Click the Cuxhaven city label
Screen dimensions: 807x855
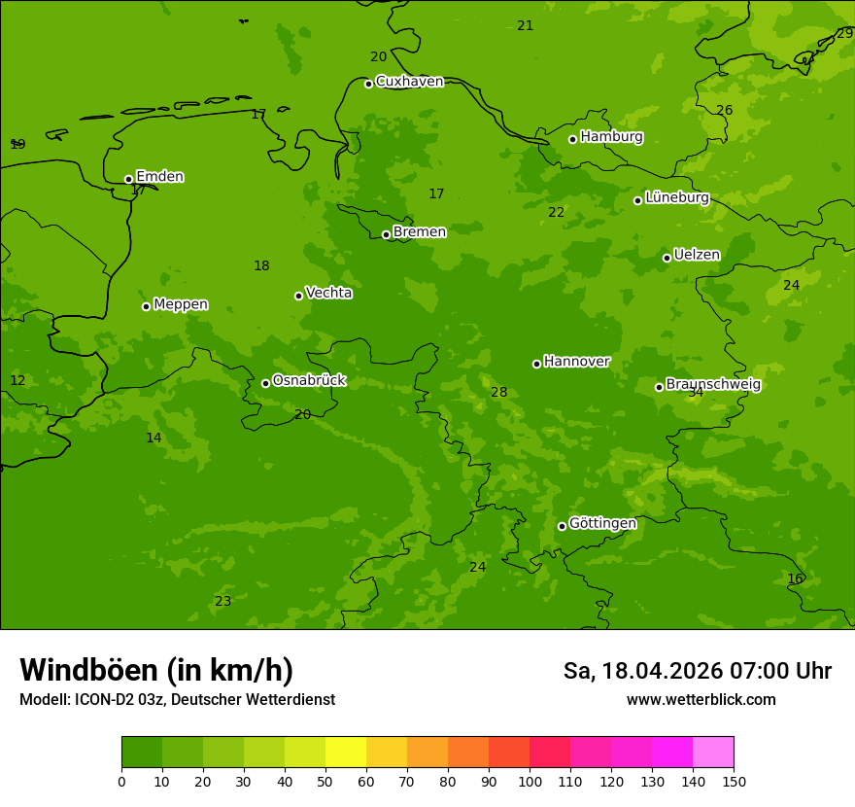click(409, 82)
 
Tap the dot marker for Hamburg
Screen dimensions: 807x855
click(572, 139)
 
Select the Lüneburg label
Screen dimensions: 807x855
click(676, 197)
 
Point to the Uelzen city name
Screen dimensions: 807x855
click(697, 255)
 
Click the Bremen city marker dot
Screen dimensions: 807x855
click(386, 234)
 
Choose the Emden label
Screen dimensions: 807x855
click(159, 177)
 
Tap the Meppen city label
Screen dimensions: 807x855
click(181, 304)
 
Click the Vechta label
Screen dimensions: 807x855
click(328, 293)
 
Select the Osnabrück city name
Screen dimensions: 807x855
click(309, 380)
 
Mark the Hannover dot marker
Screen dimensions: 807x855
click(536, 364)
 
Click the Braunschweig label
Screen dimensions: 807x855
click(713, 385)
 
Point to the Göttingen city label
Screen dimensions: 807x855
click(602, 523)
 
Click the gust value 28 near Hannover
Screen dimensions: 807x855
click(499, 393)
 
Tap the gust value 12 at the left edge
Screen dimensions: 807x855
click(17, 381)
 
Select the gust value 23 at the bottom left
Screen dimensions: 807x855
click(223, 602)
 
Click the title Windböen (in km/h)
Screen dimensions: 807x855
click(156, 670)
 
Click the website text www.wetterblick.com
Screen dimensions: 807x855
click(701, 700)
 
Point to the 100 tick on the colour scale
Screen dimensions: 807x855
click(530, 781)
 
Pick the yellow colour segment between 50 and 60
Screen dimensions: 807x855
click(346, 752)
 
